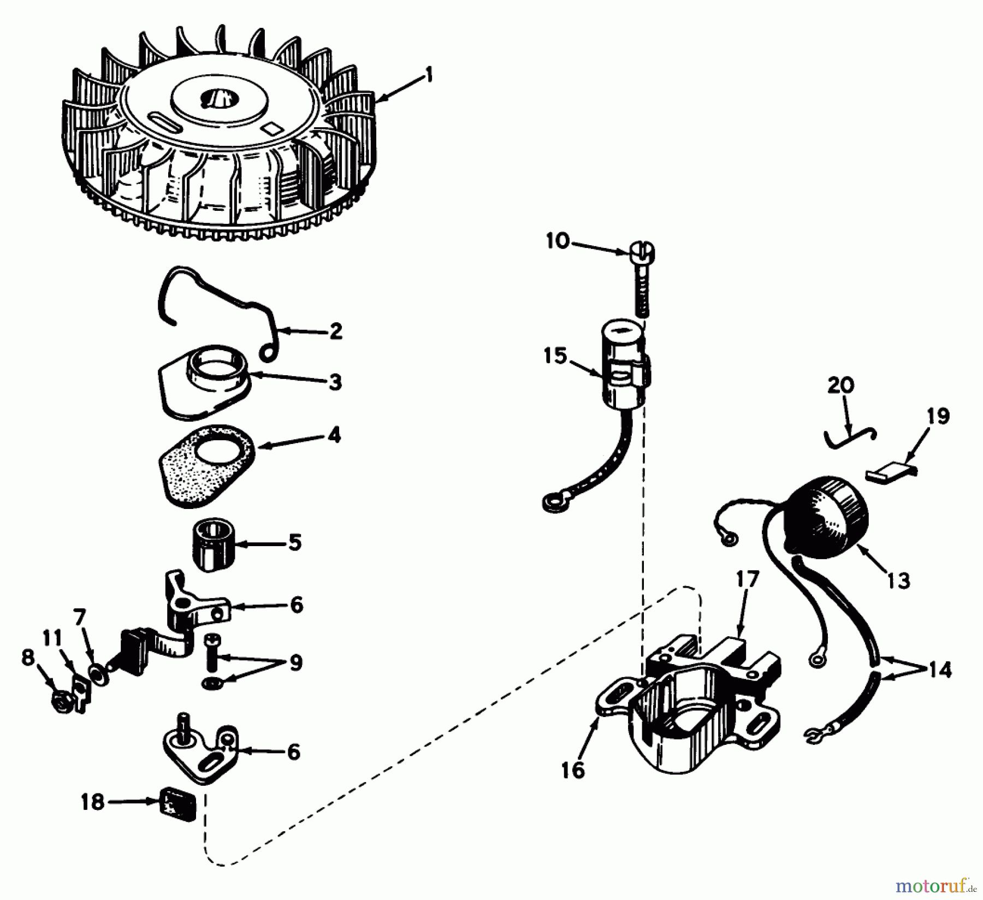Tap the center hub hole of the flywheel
tap(217, 99)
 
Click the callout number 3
tap(335, 382)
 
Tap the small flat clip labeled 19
tap(887, 471)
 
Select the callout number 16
tap(573, 770)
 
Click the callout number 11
tap(52, 638)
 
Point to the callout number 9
tap(295, 663)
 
